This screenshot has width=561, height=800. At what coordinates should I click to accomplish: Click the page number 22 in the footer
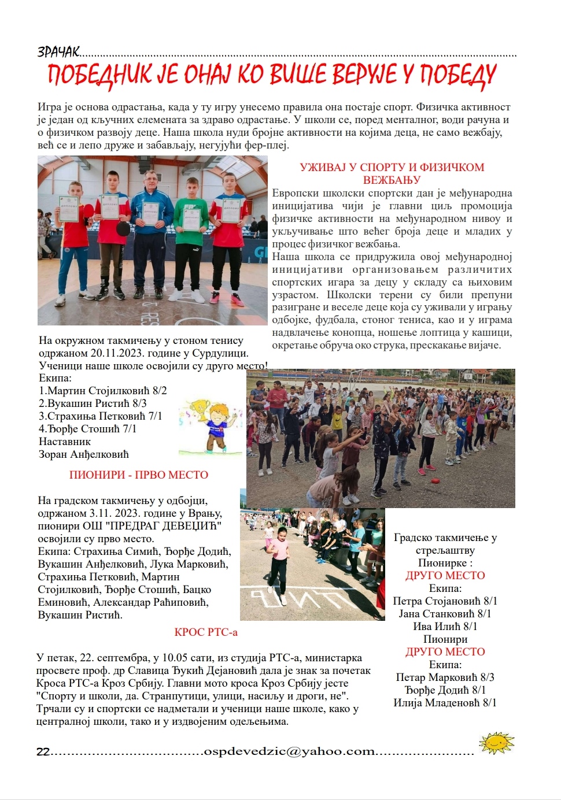click(43, 752)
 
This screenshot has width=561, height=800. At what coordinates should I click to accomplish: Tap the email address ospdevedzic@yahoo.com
click(289, 751)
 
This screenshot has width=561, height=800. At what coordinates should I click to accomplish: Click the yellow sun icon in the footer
click(496, 742)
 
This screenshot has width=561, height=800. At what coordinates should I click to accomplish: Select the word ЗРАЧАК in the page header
click(58, 52)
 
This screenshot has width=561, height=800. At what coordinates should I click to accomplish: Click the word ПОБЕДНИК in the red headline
click(98, 75)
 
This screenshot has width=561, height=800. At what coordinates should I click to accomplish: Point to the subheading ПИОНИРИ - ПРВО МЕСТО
click(139, 475)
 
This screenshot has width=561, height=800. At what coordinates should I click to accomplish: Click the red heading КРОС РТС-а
click(206, 632)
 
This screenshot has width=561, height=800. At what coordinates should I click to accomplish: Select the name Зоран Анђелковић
click(84, 454)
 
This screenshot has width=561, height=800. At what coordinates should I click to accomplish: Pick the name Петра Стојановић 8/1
click(445, 601)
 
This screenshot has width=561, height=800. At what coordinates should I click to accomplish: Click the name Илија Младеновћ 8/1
click(445, 703)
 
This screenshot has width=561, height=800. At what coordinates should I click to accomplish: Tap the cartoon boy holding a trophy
click(205, 427)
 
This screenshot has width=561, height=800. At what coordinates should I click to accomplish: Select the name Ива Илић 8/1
click(445, 627)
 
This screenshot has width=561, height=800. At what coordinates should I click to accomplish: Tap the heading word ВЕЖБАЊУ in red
click(392, 180)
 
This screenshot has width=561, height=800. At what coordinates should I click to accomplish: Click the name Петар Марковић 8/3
click(445, 677)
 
